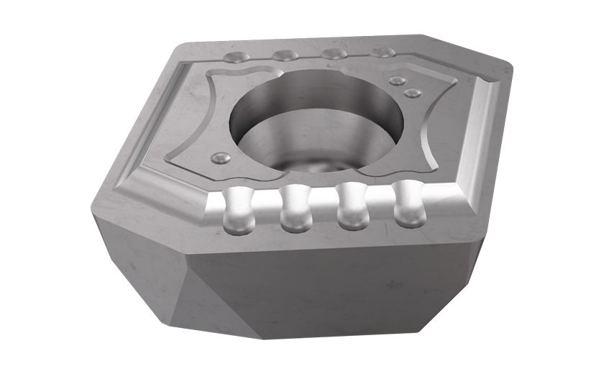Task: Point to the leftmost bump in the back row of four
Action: (237, 57)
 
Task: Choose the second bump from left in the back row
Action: (285, 55)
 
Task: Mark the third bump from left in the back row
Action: (332, 54)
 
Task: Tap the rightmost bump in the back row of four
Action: (382, 53)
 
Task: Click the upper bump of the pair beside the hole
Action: (398, 81)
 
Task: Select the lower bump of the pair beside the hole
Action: (411, 93)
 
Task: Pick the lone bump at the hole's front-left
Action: (220, 157)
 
